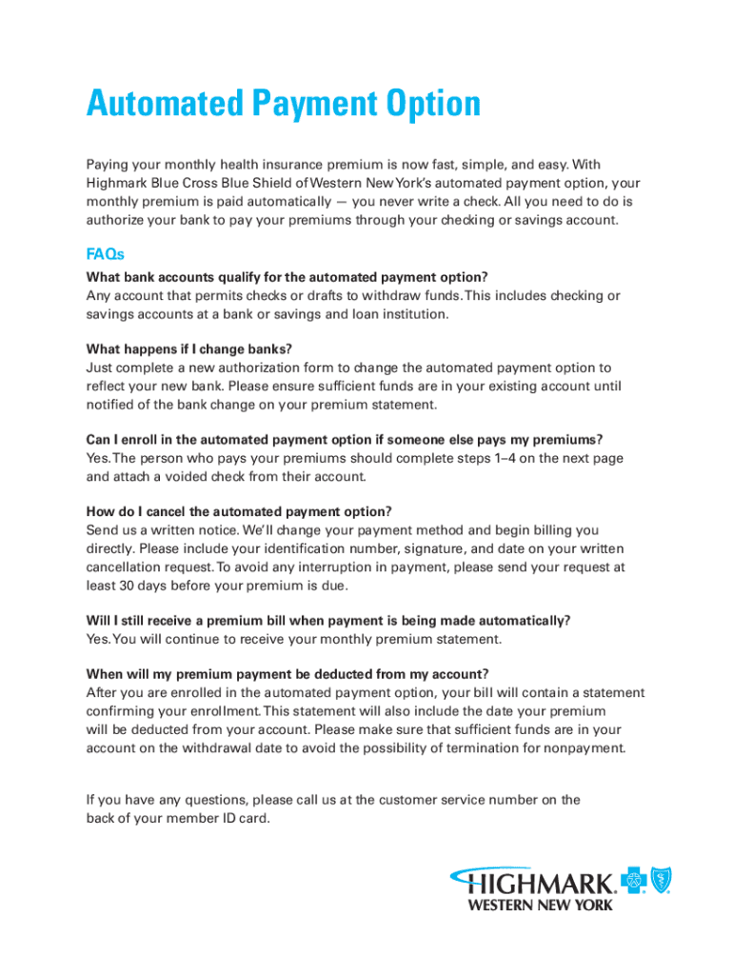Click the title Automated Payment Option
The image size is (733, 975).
coord(283,104)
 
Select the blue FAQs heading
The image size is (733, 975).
coord(105,254)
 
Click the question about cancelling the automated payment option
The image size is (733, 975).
coord(238,510)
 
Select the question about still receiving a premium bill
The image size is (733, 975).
coord(327,620)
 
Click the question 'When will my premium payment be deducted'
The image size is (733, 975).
coord(287,674)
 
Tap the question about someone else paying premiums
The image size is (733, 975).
coord(345,439)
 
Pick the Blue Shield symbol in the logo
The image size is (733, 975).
coord(660,881)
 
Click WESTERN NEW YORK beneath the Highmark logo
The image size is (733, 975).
coord(539,905)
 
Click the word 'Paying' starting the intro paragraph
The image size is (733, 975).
coord(109,165)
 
